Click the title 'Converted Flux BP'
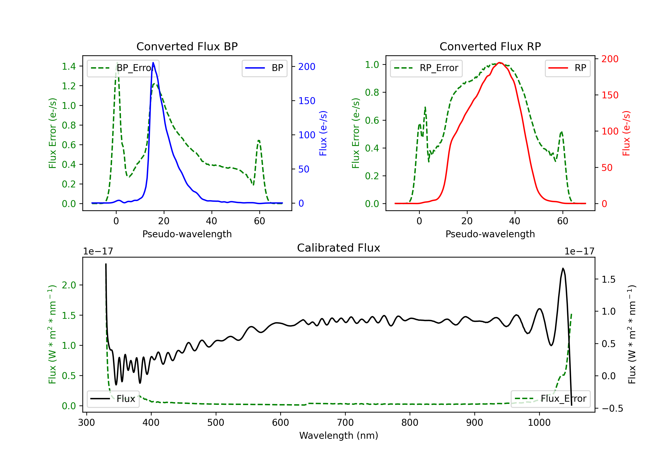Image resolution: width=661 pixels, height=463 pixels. click(187, 46)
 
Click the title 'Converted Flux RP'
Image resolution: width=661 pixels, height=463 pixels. click(490, 46)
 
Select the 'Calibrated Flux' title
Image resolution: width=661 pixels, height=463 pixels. click(339, 248)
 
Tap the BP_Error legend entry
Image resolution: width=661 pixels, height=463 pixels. click(123, 68)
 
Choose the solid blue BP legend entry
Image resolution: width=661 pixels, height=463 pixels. click(264, 68)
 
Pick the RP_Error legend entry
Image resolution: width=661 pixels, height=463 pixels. click(426, 68)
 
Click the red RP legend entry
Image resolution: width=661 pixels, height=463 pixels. click(567, 68)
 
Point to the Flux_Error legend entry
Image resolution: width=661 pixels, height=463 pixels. click(550, 399)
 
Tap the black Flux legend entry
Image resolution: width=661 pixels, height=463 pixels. click(113, 399)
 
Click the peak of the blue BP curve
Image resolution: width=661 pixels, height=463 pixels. click(153, 63)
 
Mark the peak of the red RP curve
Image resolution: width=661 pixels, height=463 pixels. click(499, 63)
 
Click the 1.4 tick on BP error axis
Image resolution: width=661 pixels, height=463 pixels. click(69, 66)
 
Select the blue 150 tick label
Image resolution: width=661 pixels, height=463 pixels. click(307, 101)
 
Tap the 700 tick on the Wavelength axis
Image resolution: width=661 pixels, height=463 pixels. click(345, 423)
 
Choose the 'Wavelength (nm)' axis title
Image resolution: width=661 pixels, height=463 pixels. click(339, 436)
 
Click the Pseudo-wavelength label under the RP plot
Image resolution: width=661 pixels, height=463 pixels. click(490, 234)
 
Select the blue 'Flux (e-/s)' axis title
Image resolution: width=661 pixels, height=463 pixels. click(323, 133)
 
